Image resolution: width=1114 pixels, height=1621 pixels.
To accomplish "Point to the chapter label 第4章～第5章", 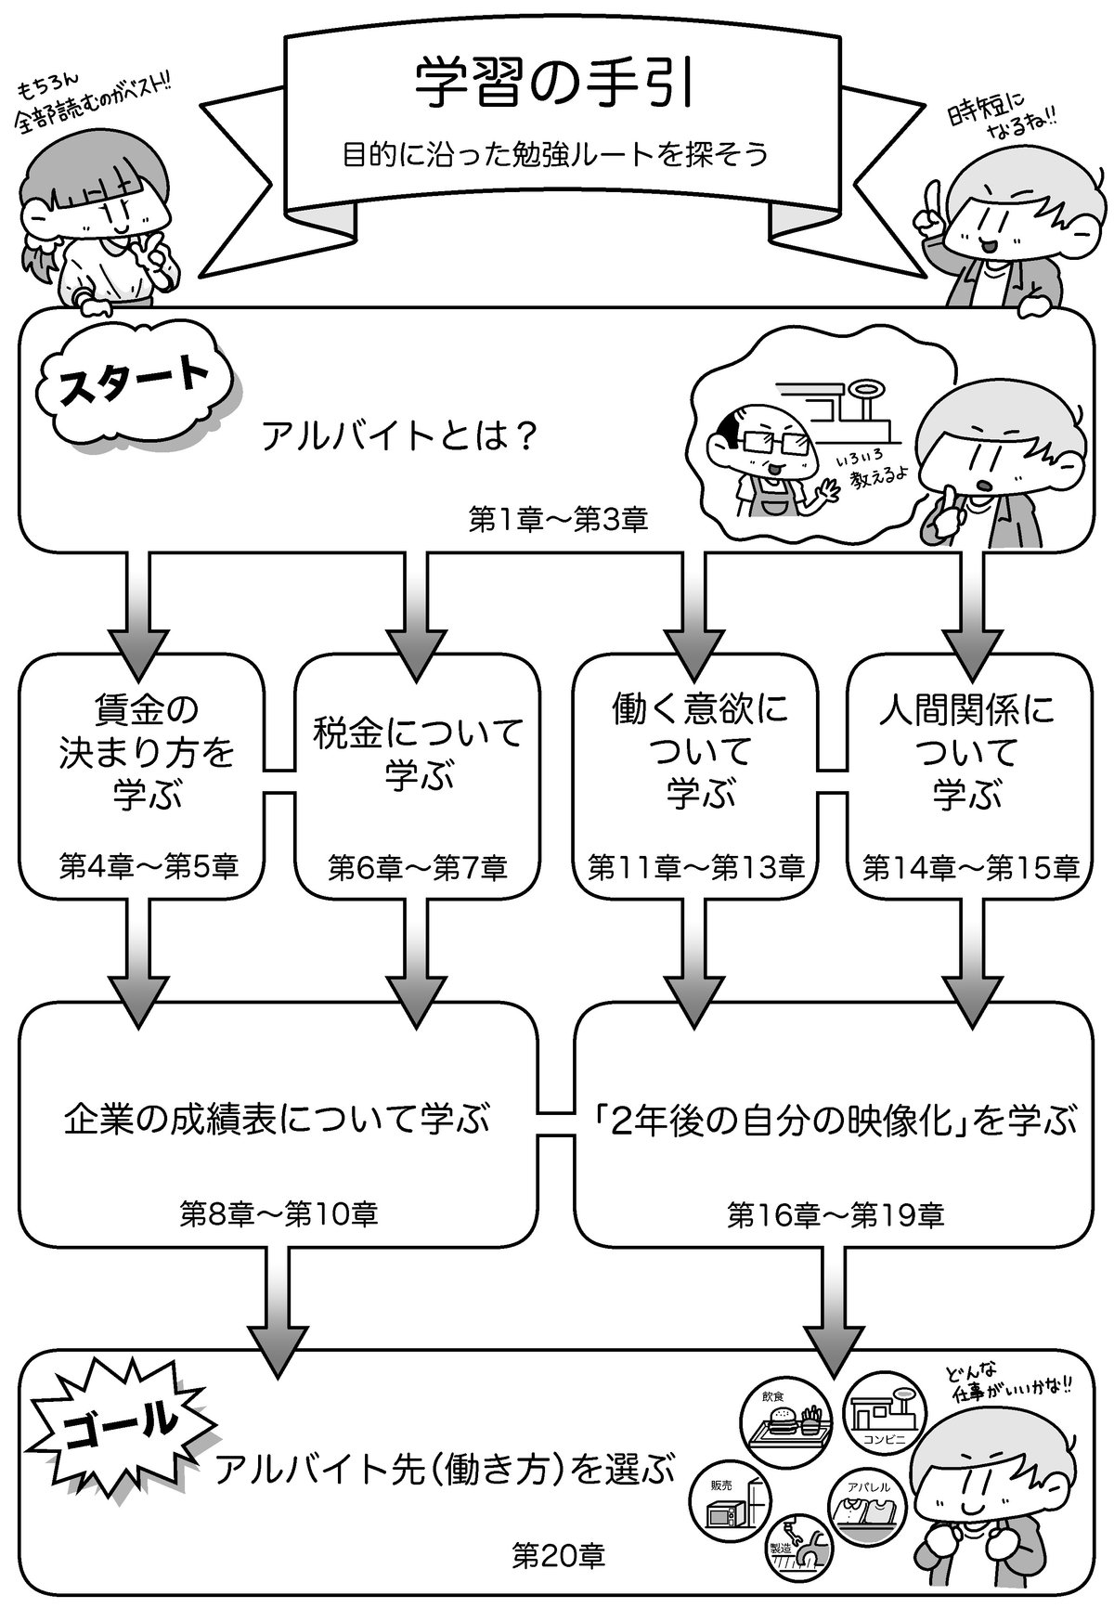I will point(149,867).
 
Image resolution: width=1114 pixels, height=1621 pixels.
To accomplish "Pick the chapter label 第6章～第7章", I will point(417,867).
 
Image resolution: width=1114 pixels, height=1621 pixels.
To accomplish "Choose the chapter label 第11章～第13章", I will point(696,867).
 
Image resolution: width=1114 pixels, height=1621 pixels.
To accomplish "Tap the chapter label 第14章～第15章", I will point(970,867).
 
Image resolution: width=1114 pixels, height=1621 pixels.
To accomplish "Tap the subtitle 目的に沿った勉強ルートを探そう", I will point(554,152).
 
